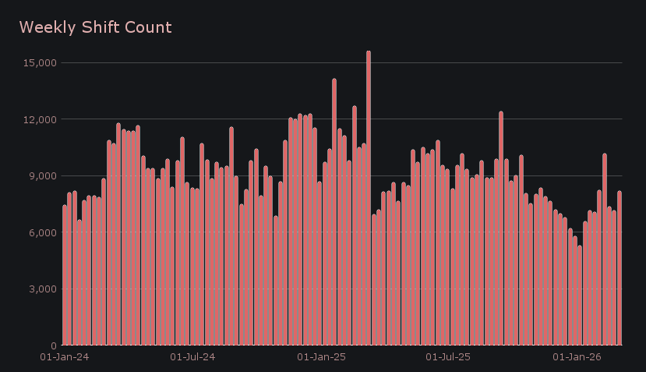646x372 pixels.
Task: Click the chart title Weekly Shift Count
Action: [x=95, y=27]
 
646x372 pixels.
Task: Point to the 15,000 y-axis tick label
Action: [x=40, y=62]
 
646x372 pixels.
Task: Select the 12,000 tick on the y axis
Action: [x=40, y=119]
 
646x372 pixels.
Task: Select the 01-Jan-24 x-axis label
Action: [x=65, y=357]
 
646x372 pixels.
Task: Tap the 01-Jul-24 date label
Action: [x=192, y=357]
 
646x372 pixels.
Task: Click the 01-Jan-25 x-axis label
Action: [x=321, y=357]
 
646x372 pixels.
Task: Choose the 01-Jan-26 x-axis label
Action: [x=577, y=357]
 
